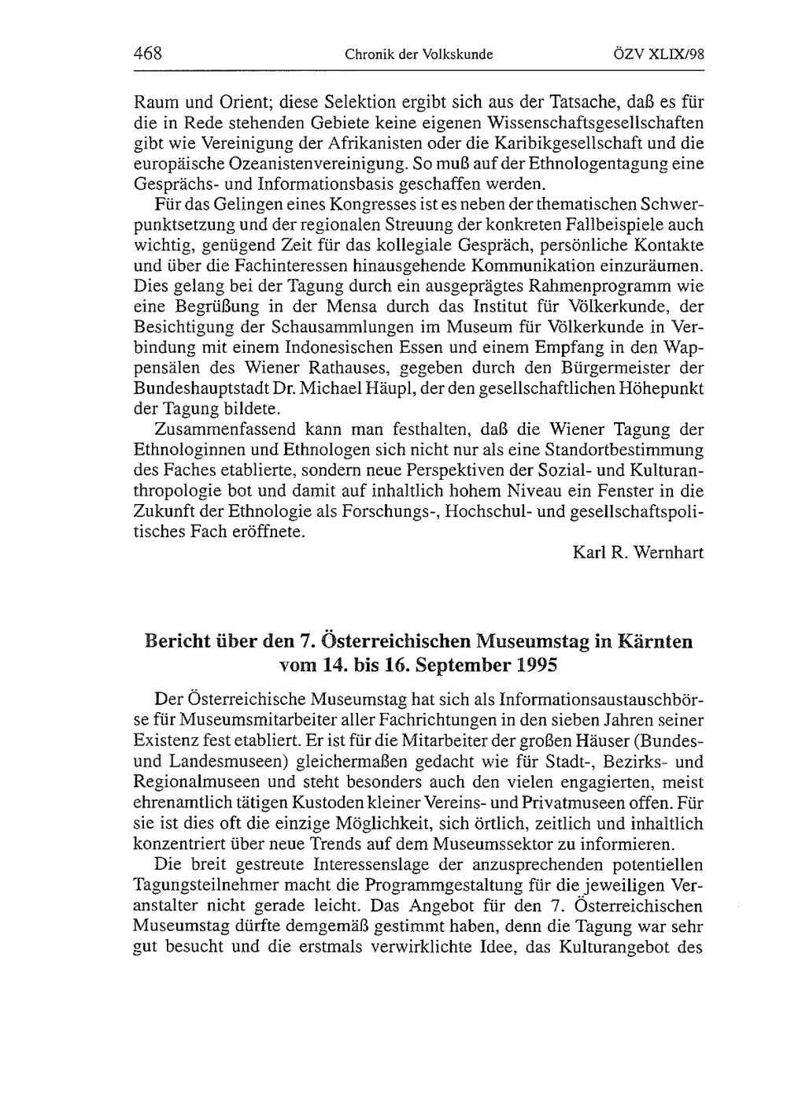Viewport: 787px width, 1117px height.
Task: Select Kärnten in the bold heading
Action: (651, 641)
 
